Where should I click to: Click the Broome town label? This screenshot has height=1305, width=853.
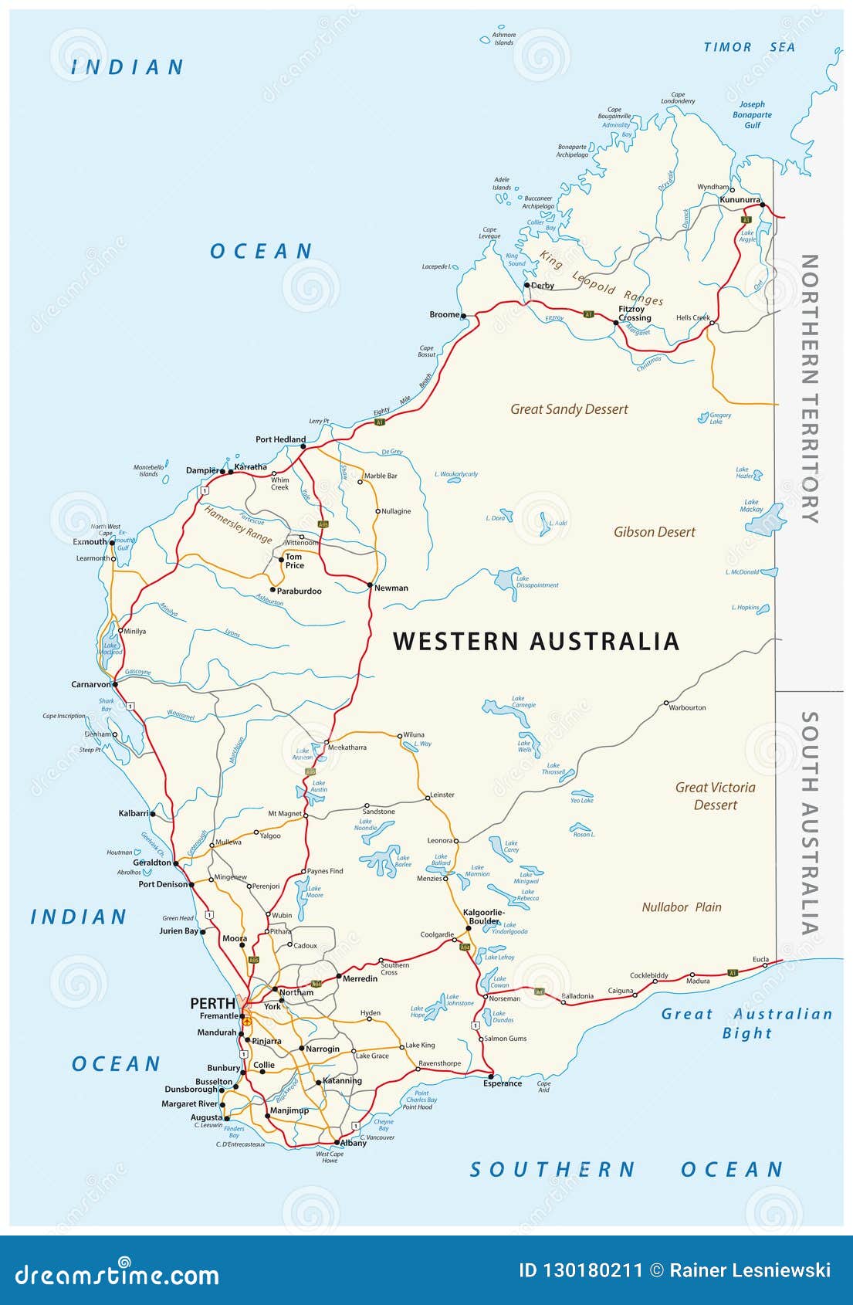tap(444, 315)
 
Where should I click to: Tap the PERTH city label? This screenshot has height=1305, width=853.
tap(212, 1004)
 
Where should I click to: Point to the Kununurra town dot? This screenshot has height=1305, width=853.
tap(762, 205)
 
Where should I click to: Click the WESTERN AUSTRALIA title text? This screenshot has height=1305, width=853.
tap(536, 642)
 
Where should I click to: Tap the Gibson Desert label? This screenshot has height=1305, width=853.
tap(655, 532)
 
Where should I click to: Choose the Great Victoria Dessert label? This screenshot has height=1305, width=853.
tap(716, 796)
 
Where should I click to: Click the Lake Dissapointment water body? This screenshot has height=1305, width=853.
tap(507, 581)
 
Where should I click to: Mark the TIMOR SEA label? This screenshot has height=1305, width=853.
tap(749, 47)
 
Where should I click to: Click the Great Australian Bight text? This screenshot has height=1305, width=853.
tap(746, 1023)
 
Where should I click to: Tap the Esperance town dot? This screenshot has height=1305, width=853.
tap(490, 1076)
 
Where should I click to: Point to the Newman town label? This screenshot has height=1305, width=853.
tap(391, 588)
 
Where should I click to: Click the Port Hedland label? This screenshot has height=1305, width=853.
tap(280, 439)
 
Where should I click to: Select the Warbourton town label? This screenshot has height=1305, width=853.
tap(687, 707)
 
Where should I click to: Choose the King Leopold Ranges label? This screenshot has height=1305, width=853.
tap(601, 279)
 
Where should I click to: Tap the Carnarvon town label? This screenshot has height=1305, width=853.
tap(91, 684)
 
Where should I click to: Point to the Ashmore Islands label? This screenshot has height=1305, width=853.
tap(504, 39)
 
